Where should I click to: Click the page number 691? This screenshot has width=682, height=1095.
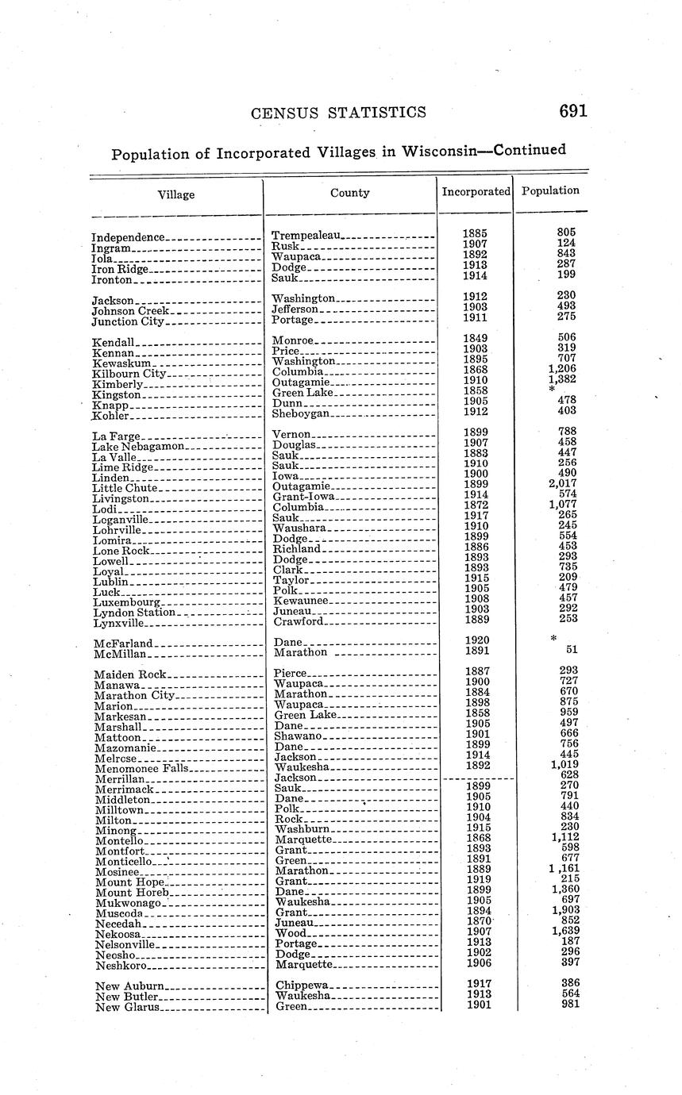coord(572,111)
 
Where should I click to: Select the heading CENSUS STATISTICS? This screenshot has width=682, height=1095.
coord(338,113)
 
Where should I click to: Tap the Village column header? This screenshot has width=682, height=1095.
coord(176,195)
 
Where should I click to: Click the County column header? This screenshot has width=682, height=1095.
coord(350,192)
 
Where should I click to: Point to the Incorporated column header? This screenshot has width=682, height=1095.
coord(476,191)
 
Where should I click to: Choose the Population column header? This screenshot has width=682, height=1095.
coord(551,190)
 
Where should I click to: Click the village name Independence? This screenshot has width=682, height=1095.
coord(129,237)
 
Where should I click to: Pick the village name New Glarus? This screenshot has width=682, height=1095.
coord(127,1007)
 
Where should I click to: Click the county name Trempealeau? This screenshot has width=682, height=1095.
coord(306,236)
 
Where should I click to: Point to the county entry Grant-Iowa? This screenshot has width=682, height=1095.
coord(303,497)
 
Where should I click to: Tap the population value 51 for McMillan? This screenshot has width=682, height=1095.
coord(571,649)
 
